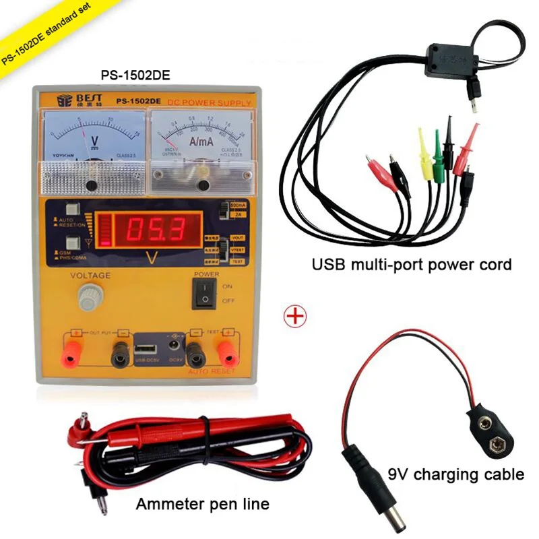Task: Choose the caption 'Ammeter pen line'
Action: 202,503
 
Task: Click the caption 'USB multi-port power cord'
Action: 412,264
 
